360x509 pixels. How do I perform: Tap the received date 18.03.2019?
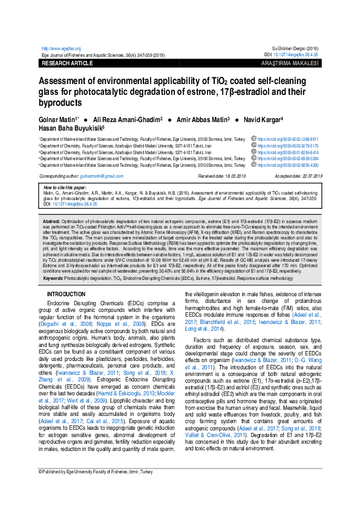[230, 175]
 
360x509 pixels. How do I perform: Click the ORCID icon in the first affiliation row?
[254, 138]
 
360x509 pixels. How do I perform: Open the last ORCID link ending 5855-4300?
[288, 165]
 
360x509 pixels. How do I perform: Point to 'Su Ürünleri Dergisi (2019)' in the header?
[296, 48]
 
